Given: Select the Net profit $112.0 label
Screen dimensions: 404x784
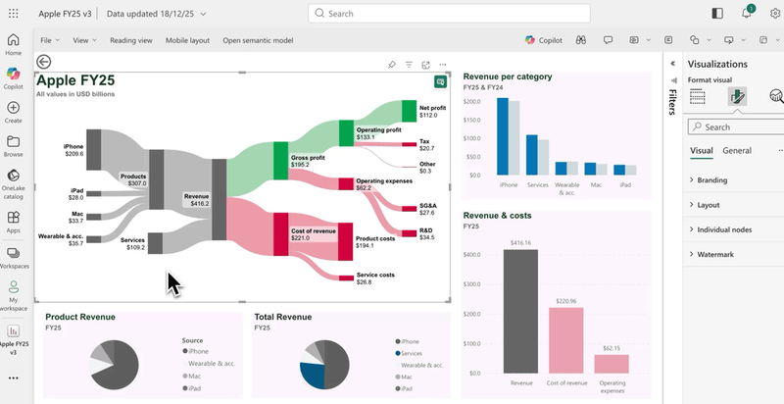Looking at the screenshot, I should [432, 110].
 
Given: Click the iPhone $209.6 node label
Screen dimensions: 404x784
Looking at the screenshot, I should [74, 150].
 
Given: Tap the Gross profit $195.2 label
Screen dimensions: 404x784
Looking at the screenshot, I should [307, 161].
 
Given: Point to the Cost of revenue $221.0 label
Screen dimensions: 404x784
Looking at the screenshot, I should [314, 233].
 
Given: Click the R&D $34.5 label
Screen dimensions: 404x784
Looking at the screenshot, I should [426, 233].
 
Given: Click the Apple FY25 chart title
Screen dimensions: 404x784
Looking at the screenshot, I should [77, 81].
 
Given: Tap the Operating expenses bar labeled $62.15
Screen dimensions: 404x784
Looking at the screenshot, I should [611, 363].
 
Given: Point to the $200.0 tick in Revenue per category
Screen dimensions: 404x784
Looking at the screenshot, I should [471, 101].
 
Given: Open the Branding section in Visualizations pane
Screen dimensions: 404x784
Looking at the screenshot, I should [712, 180].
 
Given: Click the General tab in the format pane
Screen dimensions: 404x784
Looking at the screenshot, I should [737, 151].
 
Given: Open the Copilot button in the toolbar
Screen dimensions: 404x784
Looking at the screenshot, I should [543, 40].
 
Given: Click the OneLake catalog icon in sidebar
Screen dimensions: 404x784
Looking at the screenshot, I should [14, 181].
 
